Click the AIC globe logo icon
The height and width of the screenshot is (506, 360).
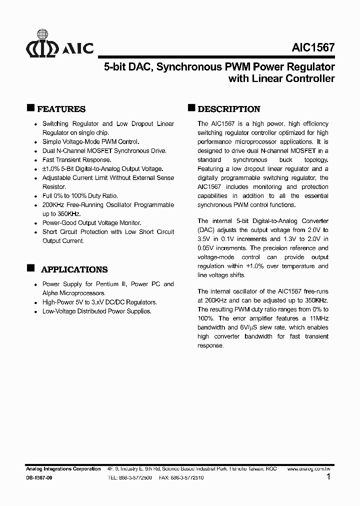(x=42, y=47)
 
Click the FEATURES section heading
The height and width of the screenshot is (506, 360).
(x=61, y=109)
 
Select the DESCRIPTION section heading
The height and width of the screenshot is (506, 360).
(x=229, y=109)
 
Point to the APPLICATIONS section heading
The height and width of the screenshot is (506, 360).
(x=74, y=269)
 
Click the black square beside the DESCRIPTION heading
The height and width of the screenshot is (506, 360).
(x=191, y=108)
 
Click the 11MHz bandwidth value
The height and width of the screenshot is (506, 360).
(x=319, y=318)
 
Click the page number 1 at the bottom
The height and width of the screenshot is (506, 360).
(x=328, y=477)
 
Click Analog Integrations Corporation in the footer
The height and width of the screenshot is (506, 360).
(x=63, y=469)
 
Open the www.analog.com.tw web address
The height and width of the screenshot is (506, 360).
(x=308, y=469)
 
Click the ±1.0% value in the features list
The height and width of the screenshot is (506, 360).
(x=51, y=169)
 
